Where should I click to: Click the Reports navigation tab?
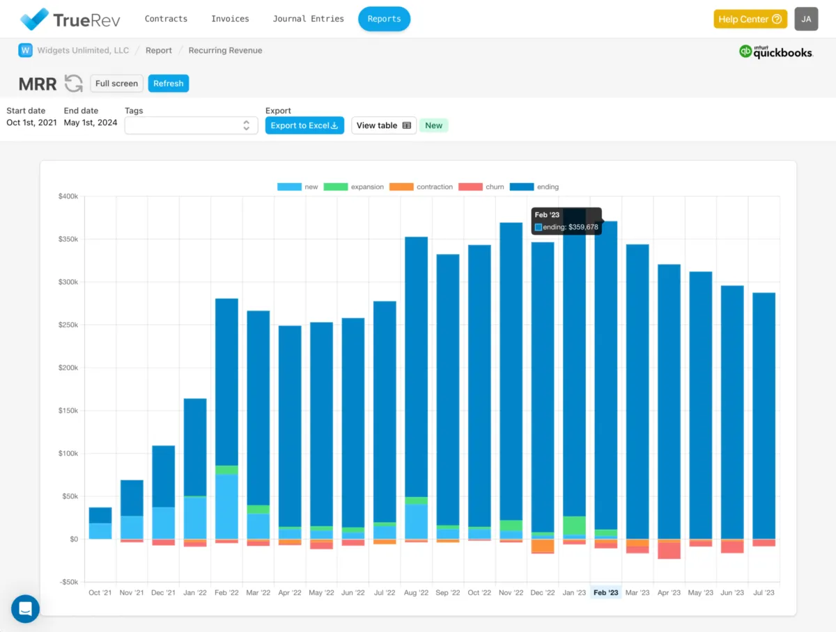pyautogui.click(x=384, y=19)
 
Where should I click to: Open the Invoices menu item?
pyautogui.click(x=230, y=19)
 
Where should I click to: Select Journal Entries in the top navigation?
pyautogui.click(x=308, y=19)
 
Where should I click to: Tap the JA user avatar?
pyautogui.click(x=806, y=19)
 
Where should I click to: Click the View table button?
pyautogui.click(x=384, y=125)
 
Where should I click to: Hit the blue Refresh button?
pyautogui.click(x=168, y=84)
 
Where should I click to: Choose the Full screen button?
pyautogui.click(x=116, y=84)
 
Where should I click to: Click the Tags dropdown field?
pyautogui.click(x=191, y=125)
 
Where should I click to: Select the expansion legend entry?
pyautogui.click(x=355, y=187)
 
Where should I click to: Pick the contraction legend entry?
pyautogui.click(x=421, y=187)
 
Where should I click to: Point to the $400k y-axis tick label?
pyautogui.click(x=68, y=196)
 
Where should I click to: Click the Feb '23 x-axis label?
pyautogui.click(x=605, y=593)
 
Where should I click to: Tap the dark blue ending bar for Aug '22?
pyautogui.click(x=417, y=362)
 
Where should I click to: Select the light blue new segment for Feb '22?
pyautogui.click(x=226, y=506)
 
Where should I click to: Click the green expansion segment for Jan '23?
pyautogui.click(x=574, y=525)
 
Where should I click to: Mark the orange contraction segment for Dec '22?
pyautogui.click(x=543, y=546)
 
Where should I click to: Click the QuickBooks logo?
pyautogui.click(x=775, y=52)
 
